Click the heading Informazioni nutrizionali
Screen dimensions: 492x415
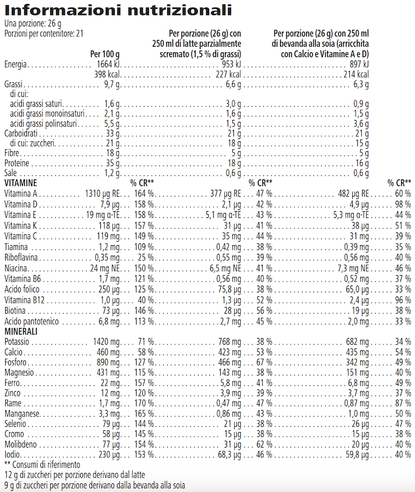(119, 10)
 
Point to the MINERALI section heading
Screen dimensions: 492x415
(21, 332)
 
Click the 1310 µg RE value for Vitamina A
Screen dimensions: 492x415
(103, 193)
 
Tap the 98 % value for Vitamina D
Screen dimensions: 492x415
(402, 204)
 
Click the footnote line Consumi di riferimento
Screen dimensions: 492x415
(42, 464)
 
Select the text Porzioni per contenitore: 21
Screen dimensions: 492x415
(44, 34)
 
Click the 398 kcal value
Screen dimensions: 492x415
(107, 75)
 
